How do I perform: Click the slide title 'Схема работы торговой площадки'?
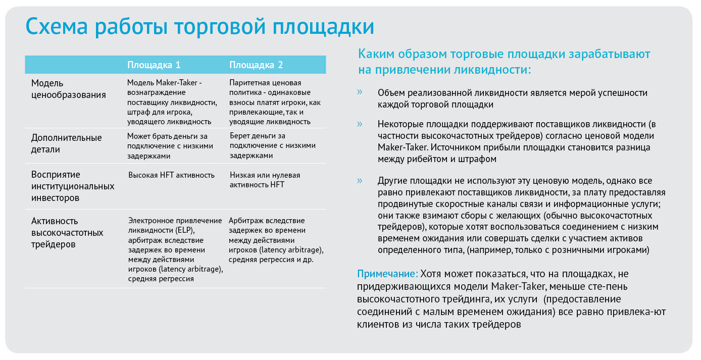pos(199,27)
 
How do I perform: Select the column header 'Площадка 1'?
pos(154,65)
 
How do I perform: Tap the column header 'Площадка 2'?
pos(256,65)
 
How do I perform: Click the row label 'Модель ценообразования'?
pos(69,89)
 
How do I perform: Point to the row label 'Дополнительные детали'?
pos(66,143)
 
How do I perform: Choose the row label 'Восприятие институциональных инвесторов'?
pos(73,186)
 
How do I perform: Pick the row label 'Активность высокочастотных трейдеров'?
pos(67,233)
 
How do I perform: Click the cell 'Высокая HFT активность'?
pos(172,175)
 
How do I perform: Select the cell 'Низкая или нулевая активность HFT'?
pos(265,180)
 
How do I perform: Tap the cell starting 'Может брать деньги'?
pos(170,146)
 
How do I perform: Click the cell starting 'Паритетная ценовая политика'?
pos(275,102)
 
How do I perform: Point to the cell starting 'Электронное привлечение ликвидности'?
pos(176,249)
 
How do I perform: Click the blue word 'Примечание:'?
pos(387,274)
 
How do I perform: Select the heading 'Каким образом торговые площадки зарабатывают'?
pos(504,54)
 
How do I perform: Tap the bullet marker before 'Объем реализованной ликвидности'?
pos(360,92)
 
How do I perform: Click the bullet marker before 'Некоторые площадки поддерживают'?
pos(360,124)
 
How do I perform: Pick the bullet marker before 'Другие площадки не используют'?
pos(360,180)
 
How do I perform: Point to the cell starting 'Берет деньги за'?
pos(273,145)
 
